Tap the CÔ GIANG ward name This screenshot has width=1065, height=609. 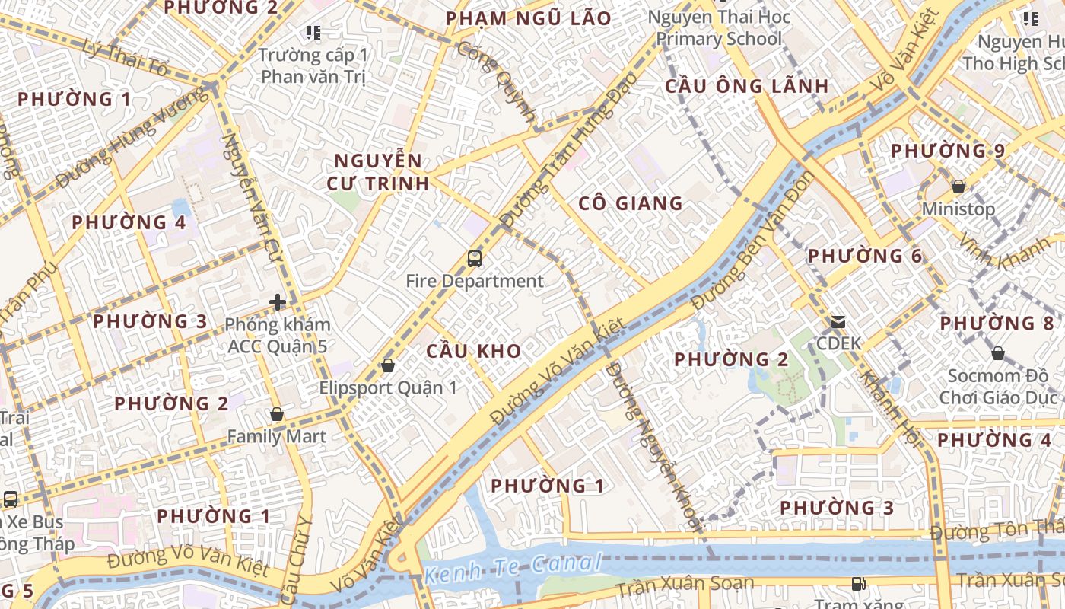pyautogui.click(x=631, y=203)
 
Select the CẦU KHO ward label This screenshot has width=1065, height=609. pyautogui.click(x=473, y=351)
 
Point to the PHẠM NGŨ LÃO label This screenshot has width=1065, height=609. pyautogui.click(x=529, y=18)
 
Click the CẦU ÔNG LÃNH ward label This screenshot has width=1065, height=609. pyautogui.click(x=746, y=86)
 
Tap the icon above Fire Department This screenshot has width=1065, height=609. pyautogui.click(x=475, y=259)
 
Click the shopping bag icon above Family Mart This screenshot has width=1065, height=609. pyautogui.click(x=277, y=415)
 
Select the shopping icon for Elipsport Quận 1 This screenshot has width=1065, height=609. pyautogui.click(x=388, y=366)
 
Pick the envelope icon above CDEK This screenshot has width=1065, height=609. pyautogui.click(x=838, y=322)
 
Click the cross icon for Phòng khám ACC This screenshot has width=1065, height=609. pyautogui.click(x=277, y=302)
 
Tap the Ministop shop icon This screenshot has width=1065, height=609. pyautogui.click(x=958, y=187)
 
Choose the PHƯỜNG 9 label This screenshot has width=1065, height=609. pyautogui.click(x=948, y=151)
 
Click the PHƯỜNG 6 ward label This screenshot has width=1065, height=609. pyautogui.click(x=865, y=256)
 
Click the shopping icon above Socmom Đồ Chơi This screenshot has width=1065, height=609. pyautogui.click(x=998, y=354)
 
